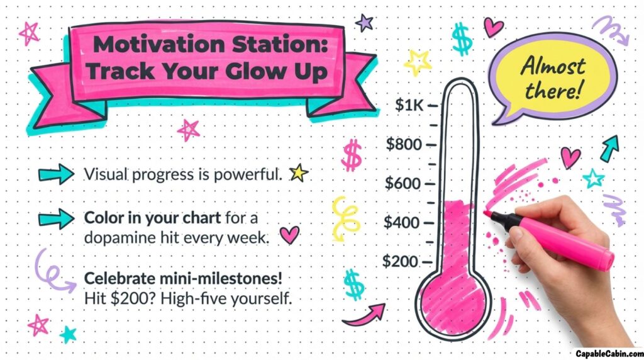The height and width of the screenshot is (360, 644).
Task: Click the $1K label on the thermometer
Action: (409, 105)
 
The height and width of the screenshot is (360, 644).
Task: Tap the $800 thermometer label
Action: (404, 144)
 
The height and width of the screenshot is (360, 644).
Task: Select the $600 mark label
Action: (403, 183)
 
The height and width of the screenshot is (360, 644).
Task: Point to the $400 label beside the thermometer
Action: (402, 222)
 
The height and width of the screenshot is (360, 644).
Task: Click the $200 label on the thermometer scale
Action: (400, 261)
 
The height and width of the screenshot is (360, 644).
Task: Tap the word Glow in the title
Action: (257, 72)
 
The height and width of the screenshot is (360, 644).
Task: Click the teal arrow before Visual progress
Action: (56, 174)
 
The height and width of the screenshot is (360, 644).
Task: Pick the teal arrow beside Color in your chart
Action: (56, 218)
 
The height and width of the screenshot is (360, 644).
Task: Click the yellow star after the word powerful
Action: (299, 173)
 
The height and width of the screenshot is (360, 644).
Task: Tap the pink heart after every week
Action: (289, 235)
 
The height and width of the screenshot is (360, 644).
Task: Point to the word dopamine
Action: (111, 238)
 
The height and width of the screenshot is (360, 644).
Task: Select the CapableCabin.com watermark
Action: (609, 354)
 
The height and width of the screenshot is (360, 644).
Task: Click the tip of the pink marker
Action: (486, 213)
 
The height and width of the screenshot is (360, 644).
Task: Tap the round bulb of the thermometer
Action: (453, 306)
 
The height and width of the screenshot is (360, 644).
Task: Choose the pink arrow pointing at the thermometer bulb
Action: (364, 315)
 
